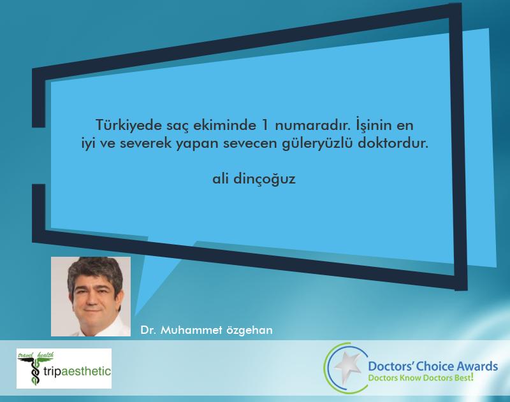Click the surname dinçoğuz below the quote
point(265,179)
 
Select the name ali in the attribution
point(220,178)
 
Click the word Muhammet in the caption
point(191,330)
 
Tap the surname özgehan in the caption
point(249,331)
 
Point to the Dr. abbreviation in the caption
point(148,330)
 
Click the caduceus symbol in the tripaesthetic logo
point(33,371)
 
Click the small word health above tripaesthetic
point(45,355)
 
